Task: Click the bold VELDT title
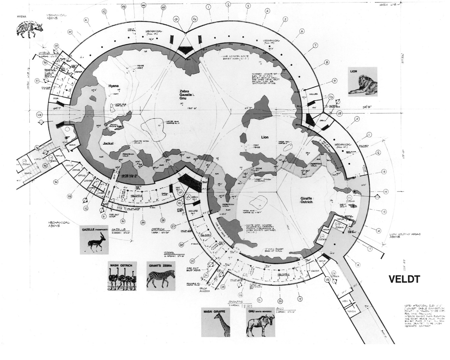tap(404, 279)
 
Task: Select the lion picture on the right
tap(363, 81)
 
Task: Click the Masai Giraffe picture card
tap(215, 322)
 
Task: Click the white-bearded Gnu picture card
tap(261, 322)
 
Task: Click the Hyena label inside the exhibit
tap(114, 86)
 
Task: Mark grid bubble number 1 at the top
tap(209, 6)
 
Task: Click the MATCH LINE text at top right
tap(387, 5)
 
